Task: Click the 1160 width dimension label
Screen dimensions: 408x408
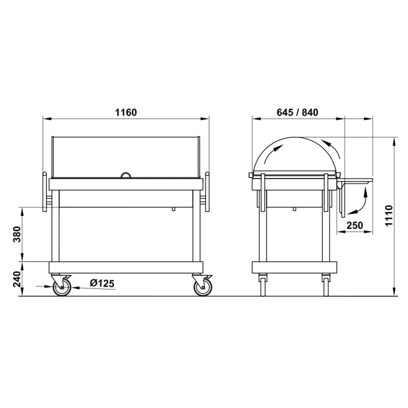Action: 126,112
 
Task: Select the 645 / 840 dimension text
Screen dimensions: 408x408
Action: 297,112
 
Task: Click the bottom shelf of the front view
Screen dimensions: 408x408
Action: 126,267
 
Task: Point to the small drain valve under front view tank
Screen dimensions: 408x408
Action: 173,208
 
